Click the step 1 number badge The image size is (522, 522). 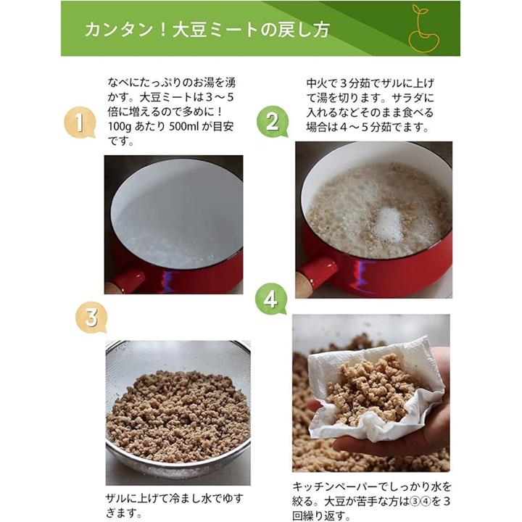[80, 123]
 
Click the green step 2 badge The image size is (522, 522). [273, 122]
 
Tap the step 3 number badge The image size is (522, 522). [91, 317]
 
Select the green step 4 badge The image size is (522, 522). [270, 299]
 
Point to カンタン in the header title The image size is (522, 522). [119, 30]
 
